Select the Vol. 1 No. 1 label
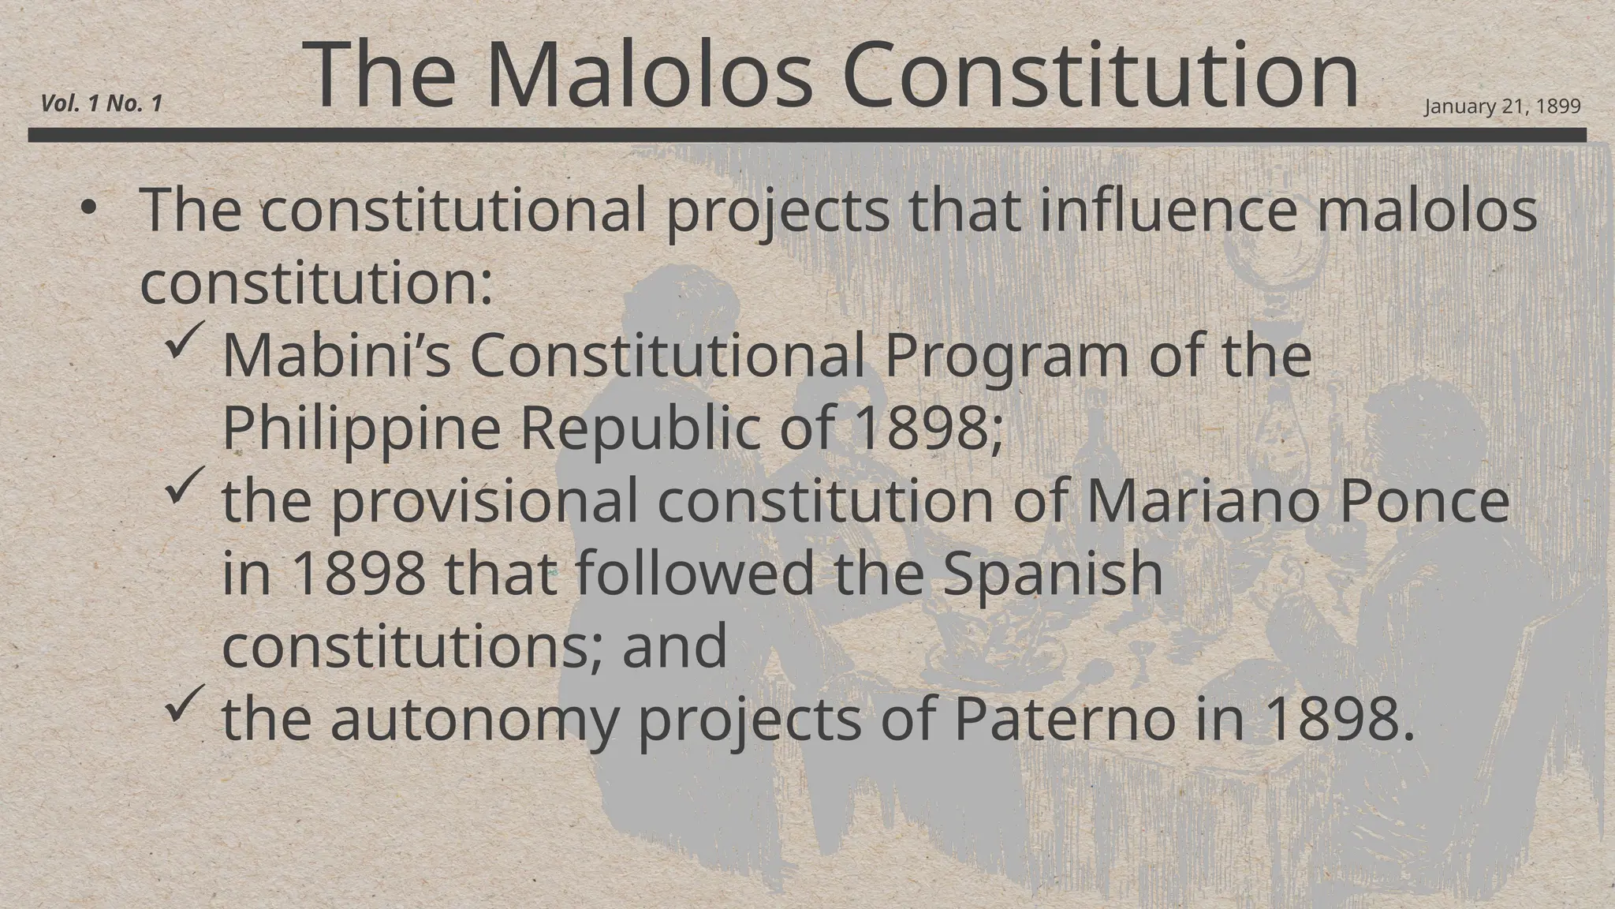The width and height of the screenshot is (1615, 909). [x=102, y=103]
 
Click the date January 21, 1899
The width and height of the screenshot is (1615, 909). [x=1502, y=107]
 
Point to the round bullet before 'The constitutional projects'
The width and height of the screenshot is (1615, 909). [x=88, y=208]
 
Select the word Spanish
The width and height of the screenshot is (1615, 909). [x=1052, y=574]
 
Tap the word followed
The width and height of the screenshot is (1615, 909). [x=694, y=574]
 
